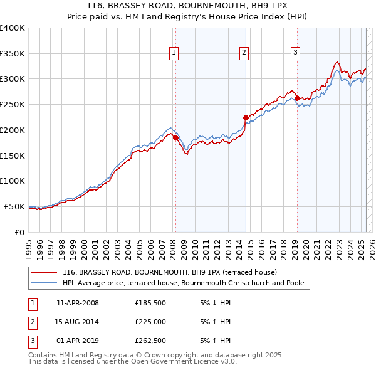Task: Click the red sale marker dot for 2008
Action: coord(175,137)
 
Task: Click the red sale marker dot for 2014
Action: coord(246,117)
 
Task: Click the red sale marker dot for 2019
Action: coord(297,98)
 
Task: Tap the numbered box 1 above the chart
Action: coord(173,53)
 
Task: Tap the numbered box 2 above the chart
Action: coord(243,53)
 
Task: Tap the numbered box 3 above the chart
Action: coord(295,53)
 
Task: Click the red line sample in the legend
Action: coord(43,272)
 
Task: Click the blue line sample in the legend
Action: coord(43,283)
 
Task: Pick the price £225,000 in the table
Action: coord(150,322)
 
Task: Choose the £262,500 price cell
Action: coord(150,342)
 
